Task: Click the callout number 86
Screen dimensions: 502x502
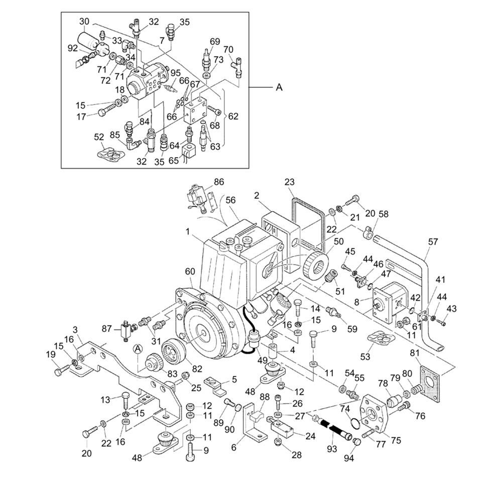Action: [x=219, y=182]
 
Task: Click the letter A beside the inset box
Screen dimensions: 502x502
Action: [x=279, y=87]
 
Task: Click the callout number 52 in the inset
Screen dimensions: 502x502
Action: [x=99, y=137]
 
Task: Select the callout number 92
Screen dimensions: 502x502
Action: [x=72, y=49]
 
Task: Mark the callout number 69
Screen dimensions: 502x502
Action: [x=215, y=42]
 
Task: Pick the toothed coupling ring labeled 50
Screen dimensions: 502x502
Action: [x=317, y=266]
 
